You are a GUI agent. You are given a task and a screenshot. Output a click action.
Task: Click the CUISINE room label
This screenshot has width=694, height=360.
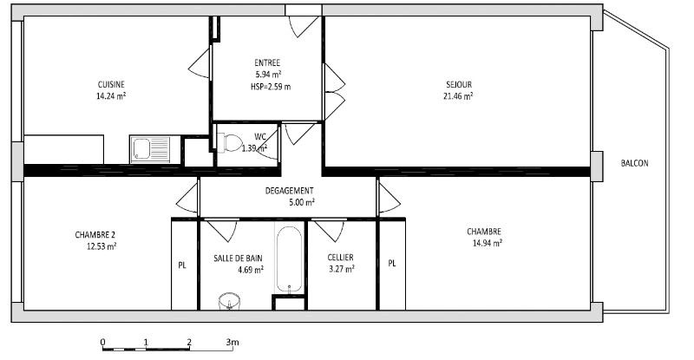[111, 84]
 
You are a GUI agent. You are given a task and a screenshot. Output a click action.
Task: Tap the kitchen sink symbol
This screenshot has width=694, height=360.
[150, 149]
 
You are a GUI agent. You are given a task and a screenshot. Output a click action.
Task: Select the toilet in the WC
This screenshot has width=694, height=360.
[229, 143]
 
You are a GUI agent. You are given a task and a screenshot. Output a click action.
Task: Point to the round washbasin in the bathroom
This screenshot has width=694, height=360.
[229, 302]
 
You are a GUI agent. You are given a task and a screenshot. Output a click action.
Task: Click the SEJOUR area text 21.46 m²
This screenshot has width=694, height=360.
[458, 95]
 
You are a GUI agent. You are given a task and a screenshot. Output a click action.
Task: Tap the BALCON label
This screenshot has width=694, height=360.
[635, 163]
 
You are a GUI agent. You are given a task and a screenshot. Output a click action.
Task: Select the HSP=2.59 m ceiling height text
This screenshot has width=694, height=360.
[271, 87]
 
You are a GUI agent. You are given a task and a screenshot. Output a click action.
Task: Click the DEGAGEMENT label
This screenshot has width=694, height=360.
[289, 190]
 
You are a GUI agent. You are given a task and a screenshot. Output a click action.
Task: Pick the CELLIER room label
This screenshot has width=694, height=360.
[340, 258]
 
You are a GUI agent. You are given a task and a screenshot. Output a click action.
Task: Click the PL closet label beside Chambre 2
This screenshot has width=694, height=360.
[182, 265]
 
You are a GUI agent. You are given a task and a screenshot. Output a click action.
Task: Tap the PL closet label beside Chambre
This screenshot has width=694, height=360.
[392, 264]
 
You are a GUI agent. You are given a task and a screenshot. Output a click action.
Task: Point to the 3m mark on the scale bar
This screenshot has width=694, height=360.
[232, 342]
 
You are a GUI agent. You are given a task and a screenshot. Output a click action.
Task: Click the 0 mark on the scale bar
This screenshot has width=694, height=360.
[102, 342]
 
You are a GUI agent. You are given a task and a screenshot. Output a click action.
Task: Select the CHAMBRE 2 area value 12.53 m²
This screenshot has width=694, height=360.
[101, 246]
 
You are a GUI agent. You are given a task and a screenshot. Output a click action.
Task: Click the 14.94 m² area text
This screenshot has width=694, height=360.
[488, 243]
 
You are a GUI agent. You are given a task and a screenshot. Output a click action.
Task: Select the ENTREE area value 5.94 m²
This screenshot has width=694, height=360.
[269, 75]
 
